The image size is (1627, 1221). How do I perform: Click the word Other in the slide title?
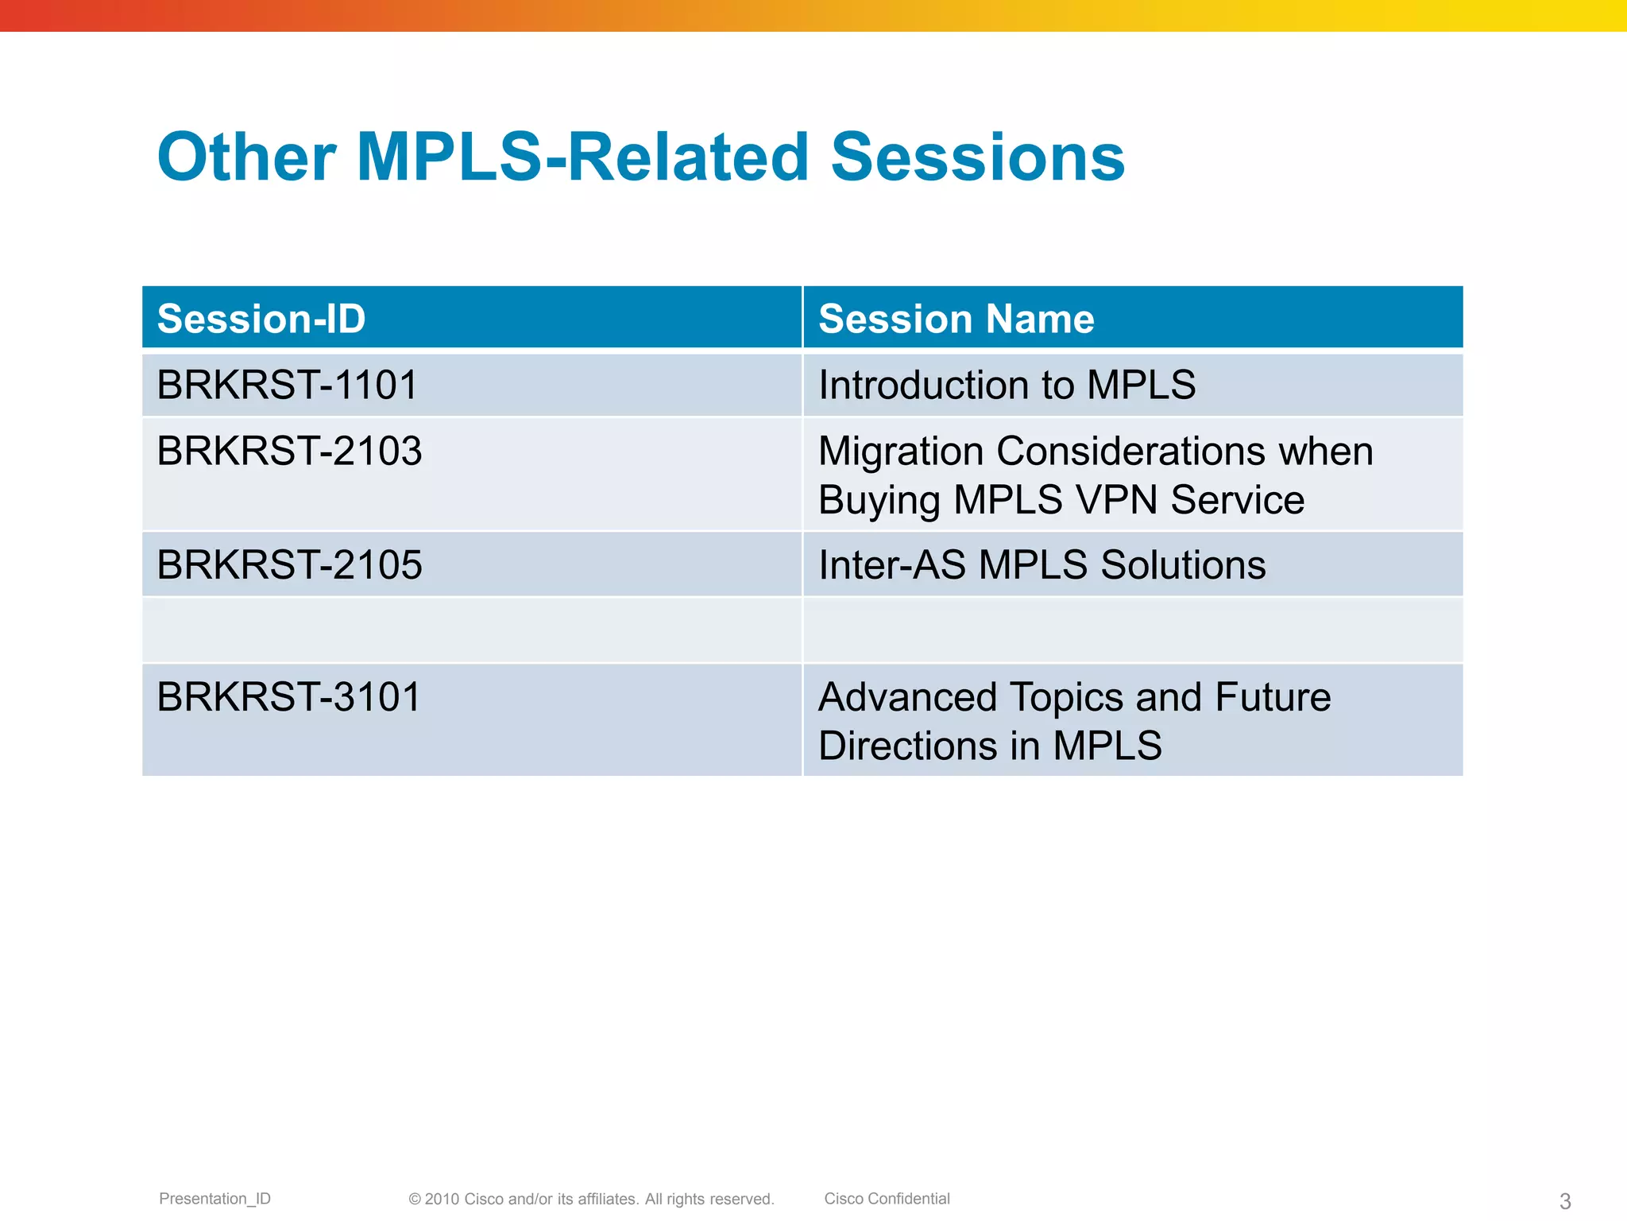pyautogui.click(x=246, y=157)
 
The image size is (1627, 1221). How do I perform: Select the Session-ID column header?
pyautogui.click(x=261, y=319)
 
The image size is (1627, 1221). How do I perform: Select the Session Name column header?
pyautogui.click(x=956, y=319)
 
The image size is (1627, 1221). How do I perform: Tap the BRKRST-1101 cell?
pyautogui.click(x=287, y=385)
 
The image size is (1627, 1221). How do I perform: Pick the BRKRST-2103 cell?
pyautogui.click(x=289, y=451)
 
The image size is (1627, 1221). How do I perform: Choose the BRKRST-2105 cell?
pyautogui.click(x=289, y=564)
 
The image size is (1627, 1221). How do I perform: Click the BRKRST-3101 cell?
pyautogui.click(x=288, y=696)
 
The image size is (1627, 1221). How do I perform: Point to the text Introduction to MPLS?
pyautogui.click(x=1007, y=385)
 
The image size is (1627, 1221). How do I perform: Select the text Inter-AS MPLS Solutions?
pyautogui.click(x=1042, y=564)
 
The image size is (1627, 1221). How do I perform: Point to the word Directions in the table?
pyautogui.click(x=908, y=746)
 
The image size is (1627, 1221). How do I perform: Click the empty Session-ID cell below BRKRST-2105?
pyautogui.click(x=471, y=630)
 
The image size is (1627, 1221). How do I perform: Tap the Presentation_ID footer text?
pyautogui.click(x=214, y=1199)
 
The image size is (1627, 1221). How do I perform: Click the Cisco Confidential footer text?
pyautogui.click(x=887, y=1199)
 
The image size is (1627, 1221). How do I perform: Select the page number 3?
pyautogui.click(x=1565, y=1201)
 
